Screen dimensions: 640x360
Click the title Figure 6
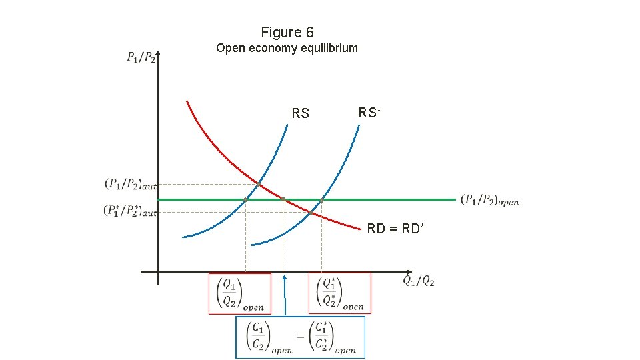tap(287, 32)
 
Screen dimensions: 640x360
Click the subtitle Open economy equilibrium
tap(287, 48)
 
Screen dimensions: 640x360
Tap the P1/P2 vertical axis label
tap(141, 57)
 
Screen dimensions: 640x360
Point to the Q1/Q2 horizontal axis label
tap(419, 281)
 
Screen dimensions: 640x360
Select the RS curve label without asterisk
tap(301, 113)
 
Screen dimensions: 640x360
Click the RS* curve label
tap(370, 113)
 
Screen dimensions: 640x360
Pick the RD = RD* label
tap(396, 229)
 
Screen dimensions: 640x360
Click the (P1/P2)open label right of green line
tap(489, 200)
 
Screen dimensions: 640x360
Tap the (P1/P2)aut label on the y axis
tap(130, 183)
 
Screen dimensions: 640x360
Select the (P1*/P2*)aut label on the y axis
tap(130, 211)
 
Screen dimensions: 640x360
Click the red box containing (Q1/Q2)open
tap(240, 293)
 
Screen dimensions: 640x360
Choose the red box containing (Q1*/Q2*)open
tap(340, 293)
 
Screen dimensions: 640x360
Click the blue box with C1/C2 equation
tap(301, 337)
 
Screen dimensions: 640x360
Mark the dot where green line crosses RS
tap(245, 199)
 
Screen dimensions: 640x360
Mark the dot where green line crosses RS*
tap(321, 199)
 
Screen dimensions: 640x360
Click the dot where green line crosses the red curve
tap(283, 199)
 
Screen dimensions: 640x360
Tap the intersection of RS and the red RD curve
tap(259, 183)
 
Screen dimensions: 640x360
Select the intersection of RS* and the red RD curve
tap(312, 212)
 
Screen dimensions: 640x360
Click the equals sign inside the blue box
tap(301, 336)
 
